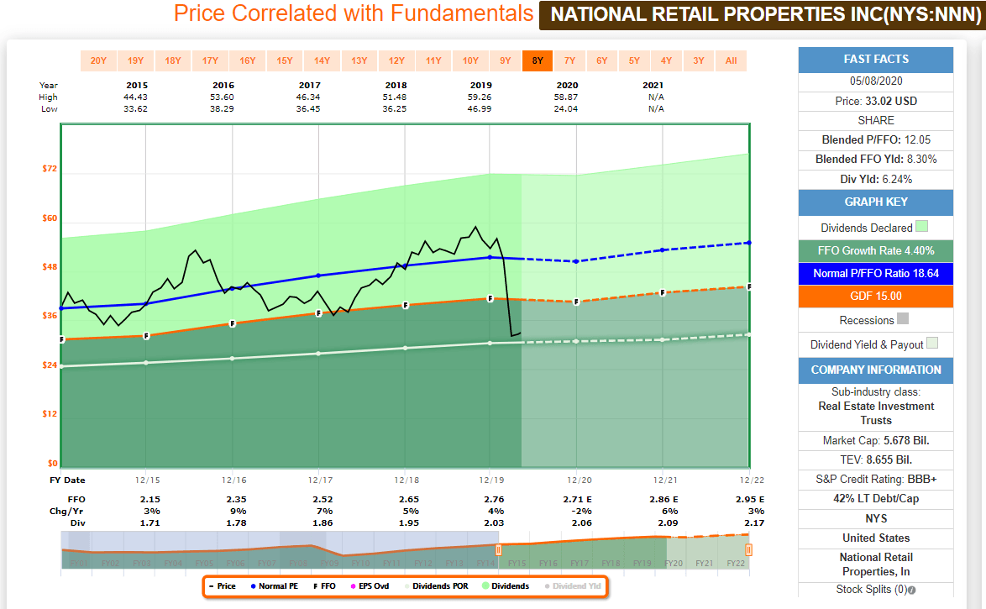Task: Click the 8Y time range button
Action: point(538,60)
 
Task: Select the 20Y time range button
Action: point(98,60)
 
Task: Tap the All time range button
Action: point(731,60)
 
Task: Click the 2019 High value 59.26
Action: point(480,97)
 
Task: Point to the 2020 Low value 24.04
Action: point(567,109)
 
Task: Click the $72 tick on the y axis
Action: point(50,169)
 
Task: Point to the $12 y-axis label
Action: point(50,413)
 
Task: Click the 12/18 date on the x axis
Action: point(405,480)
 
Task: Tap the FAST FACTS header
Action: point(876,60)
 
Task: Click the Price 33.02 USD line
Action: point(876,102)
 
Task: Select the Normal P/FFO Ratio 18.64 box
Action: point(876,273)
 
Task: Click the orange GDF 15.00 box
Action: point(876,296)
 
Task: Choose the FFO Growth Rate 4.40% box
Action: point(876,250)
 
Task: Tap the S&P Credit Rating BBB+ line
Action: point(876,480)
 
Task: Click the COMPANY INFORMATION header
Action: point(876,370)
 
